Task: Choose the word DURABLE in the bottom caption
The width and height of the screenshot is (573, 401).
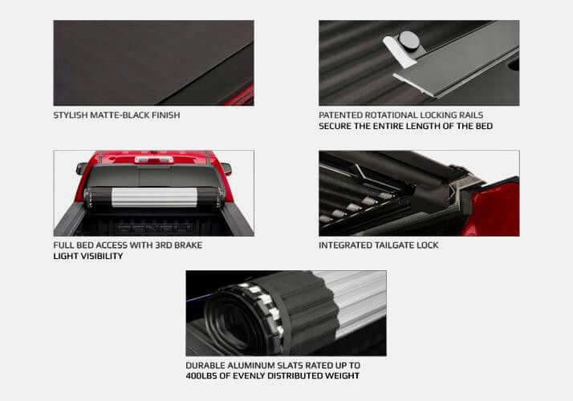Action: (205, 364)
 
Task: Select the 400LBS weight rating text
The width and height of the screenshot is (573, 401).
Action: (201, 375)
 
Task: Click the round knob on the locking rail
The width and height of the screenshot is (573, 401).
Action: (409, 39)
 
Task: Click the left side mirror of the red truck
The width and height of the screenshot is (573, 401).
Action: (81, 168)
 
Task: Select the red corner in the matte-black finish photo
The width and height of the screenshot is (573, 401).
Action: (242, 96)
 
